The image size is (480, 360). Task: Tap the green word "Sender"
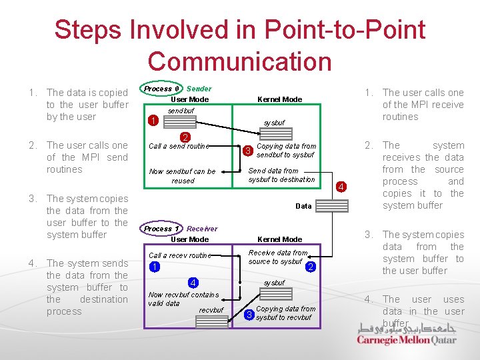point(199,89)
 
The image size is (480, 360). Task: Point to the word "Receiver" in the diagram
point(202,229)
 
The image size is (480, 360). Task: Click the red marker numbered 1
point(153,121)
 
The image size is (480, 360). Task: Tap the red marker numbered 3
point(247,151)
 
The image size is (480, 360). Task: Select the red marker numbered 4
point(341,187)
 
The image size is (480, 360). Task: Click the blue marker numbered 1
point(154,267)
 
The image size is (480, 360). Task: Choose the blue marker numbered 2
point(311,267)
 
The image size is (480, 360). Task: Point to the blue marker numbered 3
point(249,314)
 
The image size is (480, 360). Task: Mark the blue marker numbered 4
point(192,283)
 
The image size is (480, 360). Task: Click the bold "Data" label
point(303,206)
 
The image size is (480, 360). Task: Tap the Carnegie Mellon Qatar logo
point(407,334)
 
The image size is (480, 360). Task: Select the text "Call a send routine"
point(179,146)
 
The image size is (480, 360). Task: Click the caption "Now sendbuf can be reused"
point(182,176)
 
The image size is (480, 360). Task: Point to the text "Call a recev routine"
point(179,255)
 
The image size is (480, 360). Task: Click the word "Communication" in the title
point(239,61)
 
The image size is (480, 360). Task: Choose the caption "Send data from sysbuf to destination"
point(281,175)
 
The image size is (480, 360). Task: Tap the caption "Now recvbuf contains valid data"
point(174,299)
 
